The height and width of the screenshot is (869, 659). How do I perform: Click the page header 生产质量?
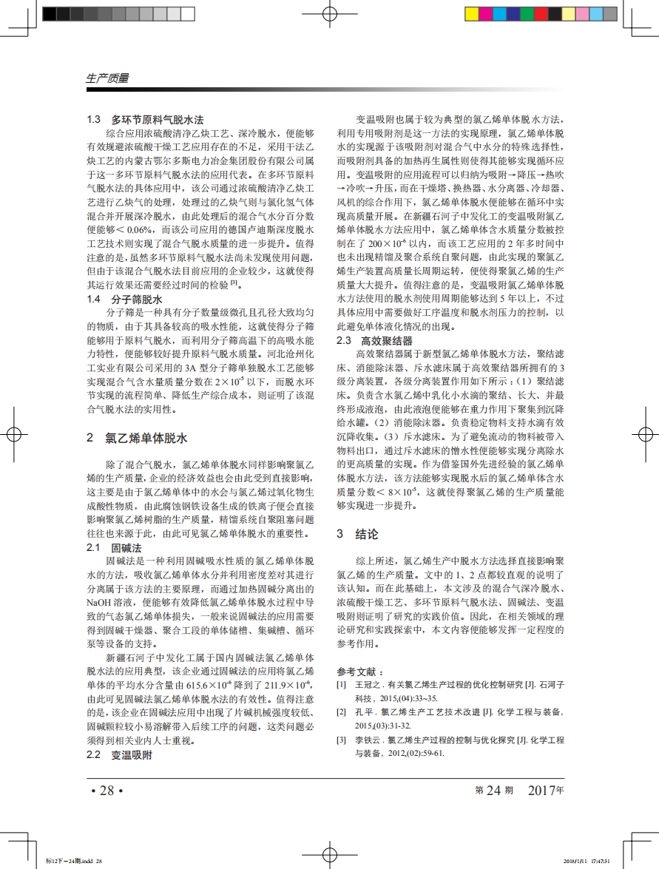pyautogui.click(x=108, y=78)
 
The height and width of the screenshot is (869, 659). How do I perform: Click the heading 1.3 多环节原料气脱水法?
pyautogui.click(x=145, y=119)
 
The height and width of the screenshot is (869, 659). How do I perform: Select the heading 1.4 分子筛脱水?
pyautogui.click(x=124, y=300)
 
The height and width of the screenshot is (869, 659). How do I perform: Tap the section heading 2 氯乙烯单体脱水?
pyautogui.click(x=137, y=438)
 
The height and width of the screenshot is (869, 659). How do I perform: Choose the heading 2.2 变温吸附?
pyautogui.click(x=119, y=755)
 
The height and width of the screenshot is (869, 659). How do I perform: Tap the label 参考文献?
pyautogui.click(x=360, y=672)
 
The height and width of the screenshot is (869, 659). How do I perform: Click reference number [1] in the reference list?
pyautogui.click(x=341, y=686)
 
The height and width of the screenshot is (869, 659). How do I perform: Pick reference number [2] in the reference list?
pyautogui.click(x=341, y=712)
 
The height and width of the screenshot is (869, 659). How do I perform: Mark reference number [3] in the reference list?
pyautogui.click(x=341, y=740)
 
